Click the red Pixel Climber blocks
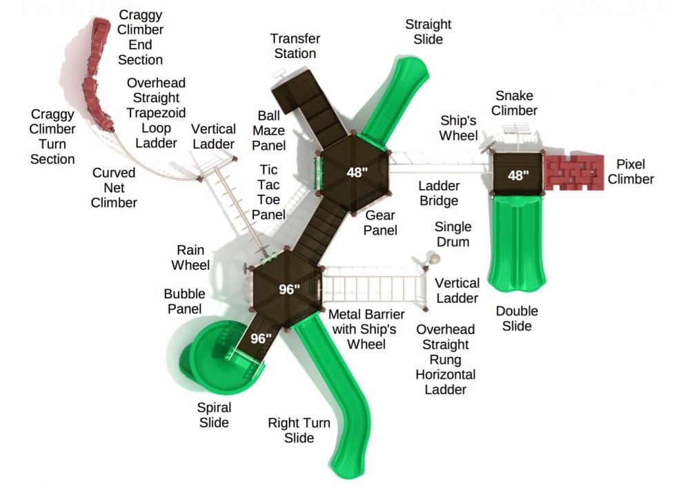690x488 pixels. (574, 173)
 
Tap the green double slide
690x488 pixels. (517, 244)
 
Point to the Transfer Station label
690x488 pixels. (295, 46)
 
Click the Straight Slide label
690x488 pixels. (428, 31)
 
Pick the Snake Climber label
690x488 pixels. (514, 103)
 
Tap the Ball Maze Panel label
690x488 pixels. (268, 130)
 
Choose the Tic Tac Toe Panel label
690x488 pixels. (268, 192)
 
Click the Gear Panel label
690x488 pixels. (380, 223)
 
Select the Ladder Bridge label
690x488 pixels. (439, 193)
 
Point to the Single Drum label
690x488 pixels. (453, 234)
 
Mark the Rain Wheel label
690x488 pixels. (190, 257)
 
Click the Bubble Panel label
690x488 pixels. (184, 301)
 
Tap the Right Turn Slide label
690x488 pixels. (299, 430)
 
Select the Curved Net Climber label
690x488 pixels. (114, 188)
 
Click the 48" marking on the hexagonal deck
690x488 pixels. (357, 172)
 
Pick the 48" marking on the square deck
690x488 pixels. (518, 175)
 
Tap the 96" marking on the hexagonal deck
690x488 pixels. (289, 289)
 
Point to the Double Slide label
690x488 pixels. (517, 319)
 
